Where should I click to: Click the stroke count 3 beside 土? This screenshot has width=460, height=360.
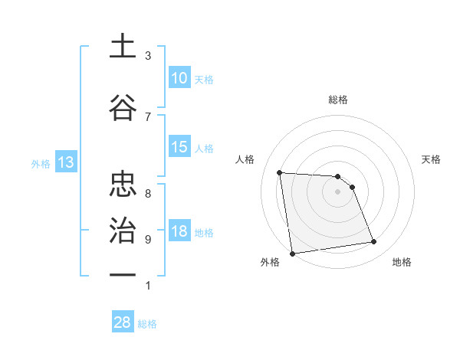[x=148, y=56]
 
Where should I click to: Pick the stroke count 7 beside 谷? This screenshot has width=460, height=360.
[x=148, y=116]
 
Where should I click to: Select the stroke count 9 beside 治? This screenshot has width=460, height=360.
[x=148, y=239]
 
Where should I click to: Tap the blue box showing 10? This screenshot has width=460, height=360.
[x=179, y=78]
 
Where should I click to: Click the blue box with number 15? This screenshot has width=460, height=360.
[x=179, y=147]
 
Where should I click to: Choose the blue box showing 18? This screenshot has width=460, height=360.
[x=179, y=231]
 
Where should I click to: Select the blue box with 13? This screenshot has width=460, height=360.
[x=66, y=162]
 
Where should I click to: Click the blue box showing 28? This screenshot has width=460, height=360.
[x=123, y=322]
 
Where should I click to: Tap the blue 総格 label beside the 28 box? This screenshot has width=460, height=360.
[x=148, y=324]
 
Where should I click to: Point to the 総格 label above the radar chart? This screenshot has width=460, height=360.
[x=338, y=100]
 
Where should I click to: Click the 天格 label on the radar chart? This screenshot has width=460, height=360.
[x=432, y=159]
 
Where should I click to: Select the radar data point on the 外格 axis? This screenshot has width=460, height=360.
[x=292, y=254]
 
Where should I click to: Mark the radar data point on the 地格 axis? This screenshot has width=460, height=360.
[x=374, y=242]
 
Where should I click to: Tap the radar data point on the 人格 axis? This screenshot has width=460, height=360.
[x=280, y=172]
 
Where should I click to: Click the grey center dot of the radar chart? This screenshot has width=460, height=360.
[x=338, y=191]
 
